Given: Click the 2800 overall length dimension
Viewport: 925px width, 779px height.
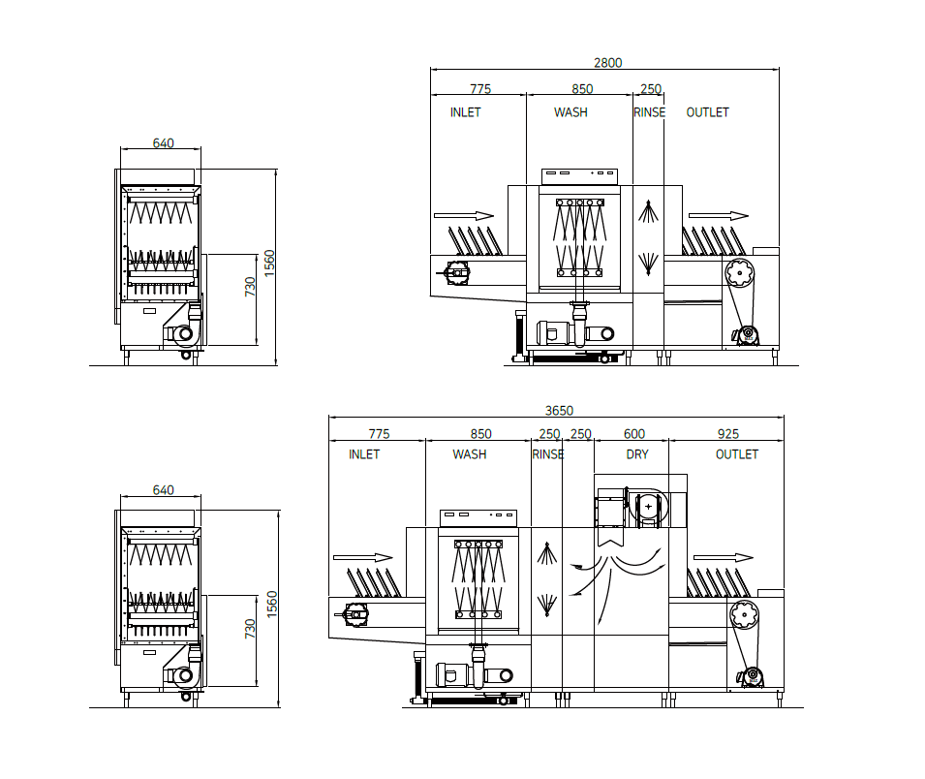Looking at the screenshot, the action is click(x=607, y=63).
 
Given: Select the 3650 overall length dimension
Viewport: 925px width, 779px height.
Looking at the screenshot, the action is click(x=559, y=410).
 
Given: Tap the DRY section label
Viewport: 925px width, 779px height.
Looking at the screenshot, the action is click(x=637, y=454).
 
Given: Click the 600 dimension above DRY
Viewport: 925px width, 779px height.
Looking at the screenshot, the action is click(x=634, y=434).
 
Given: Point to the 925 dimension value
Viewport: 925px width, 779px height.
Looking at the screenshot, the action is click(x=728, y=434).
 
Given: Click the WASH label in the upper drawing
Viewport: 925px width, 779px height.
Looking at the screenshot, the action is click(x=570, y=112).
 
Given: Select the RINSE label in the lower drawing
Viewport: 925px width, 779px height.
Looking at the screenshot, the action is click(x=548, y=454).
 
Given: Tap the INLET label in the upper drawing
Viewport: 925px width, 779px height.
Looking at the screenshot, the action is click(x=466, y=112).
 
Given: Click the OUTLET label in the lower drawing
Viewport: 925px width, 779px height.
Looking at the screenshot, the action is click(x=737, y=454).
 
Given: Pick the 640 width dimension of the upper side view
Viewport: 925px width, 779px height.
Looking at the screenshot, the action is click(x=164, y=142).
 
